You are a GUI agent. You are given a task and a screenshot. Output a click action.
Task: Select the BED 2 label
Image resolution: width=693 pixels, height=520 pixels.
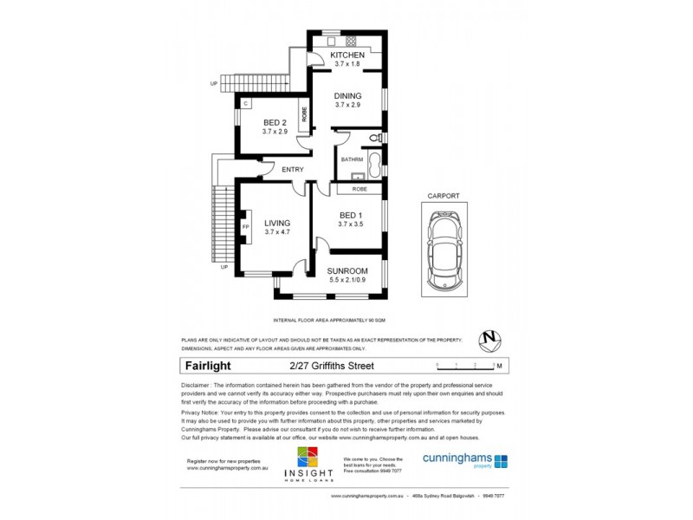click(275, 122)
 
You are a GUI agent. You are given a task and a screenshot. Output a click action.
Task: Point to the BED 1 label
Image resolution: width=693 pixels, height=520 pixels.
click(350, 215)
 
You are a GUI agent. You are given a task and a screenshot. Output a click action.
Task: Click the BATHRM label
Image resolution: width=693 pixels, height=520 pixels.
click(351, 159)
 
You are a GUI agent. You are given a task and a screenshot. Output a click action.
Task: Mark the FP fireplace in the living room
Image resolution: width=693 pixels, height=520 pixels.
click(245, 227)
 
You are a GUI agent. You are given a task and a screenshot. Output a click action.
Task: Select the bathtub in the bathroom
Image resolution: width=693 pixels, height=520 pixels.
click(374, 162)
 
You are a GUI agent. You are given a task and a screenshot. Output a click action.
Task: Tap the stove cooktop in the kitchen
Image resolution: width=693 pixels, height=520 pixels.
click(352, 40)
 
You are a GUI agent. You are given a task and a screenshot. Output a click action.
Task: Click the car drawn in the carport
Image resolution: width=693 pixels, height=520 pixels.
click(444, 249)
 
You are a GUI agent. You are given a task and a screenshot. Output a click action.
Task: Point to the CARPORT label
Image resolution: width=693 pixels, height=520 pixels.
click(443, 197)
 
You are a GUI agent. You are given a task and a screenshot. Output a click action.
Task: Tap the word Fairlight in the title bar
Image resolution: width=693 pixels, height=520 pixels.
click(207, 366)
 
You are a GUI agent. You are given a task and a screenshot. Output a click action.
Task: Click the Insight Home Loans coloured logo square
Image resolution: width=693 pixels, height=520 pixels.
click(308, 459)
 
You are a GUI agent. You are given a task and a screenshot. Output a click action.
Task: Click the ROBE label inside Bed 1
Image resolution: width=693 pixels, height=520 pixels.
click(359, 188)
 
